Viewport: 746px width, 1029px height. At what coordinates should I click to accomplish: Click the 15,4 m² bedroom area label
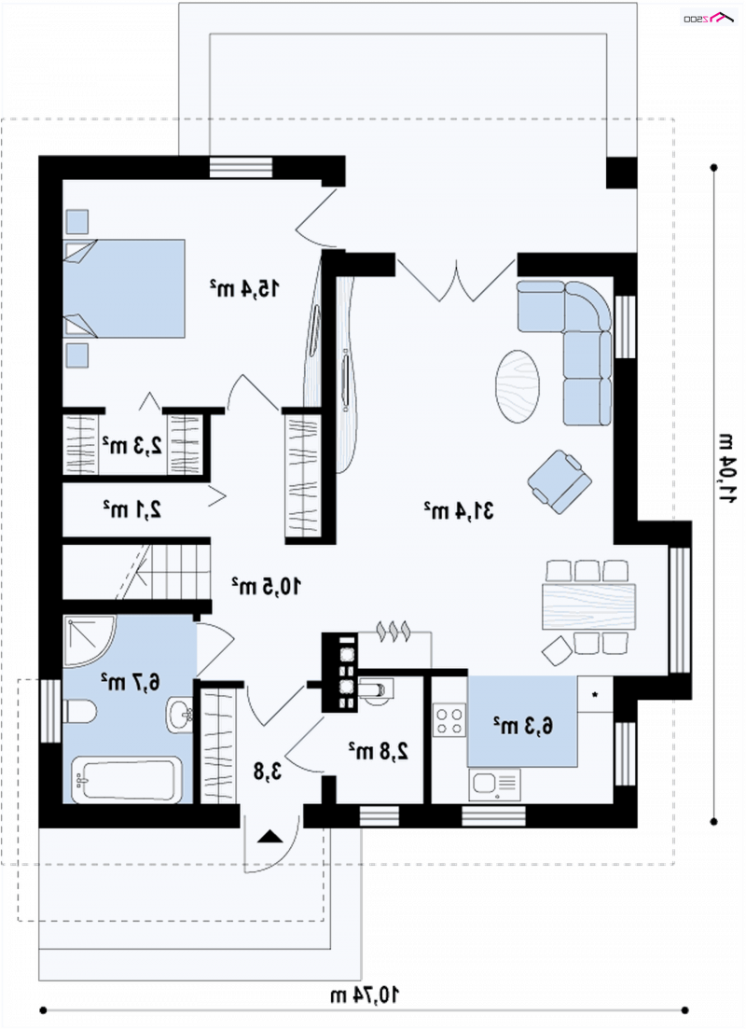[244, 287]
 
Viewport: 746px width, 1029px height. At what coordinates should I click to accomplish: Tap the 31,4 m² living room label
[459, 510]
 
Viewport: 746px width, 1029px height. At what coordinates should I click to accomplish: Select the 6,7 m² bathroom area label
[130, 681]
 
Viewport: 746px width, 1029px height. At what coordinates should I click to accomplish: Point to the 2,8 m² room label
[378, 750]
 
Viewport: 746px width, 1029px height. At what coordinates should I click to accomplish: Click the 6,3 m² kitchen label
[523, 726]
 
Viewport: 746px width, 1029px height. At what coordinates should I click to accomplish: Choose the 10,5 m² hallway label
[267, 585]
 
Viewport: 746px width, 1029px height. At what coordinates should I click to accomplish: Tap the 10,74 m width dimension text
[365, 994]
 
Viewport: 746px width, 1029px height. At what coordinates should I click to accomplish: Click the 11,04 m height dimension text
[727, 468]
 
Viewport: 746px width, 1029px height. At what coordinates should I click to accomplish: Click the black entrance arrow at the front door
[269, 836]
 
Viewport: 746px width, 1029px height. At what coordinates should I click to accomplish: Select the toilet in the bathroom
[81, 712]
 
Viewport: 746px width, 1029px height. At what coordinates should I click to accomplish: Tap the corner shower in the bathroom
[90, 641]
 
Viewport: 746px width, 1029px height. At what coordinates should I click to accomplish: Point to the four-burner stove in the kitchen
[449, 720]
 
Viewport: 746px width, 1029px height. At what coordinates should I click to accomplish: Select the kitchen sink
[494, 785]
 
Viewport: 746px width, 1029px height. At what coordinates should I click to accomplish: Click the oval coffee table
[518, 386]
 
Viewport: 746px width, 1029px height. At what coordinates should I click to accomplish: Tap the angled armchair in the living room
[559, 481]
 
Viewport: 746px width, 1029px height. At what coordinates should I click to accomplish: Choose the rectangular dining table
[588, 606]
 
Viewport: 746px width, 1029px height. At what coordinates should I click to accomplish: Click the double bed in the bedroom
[124, 288]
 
